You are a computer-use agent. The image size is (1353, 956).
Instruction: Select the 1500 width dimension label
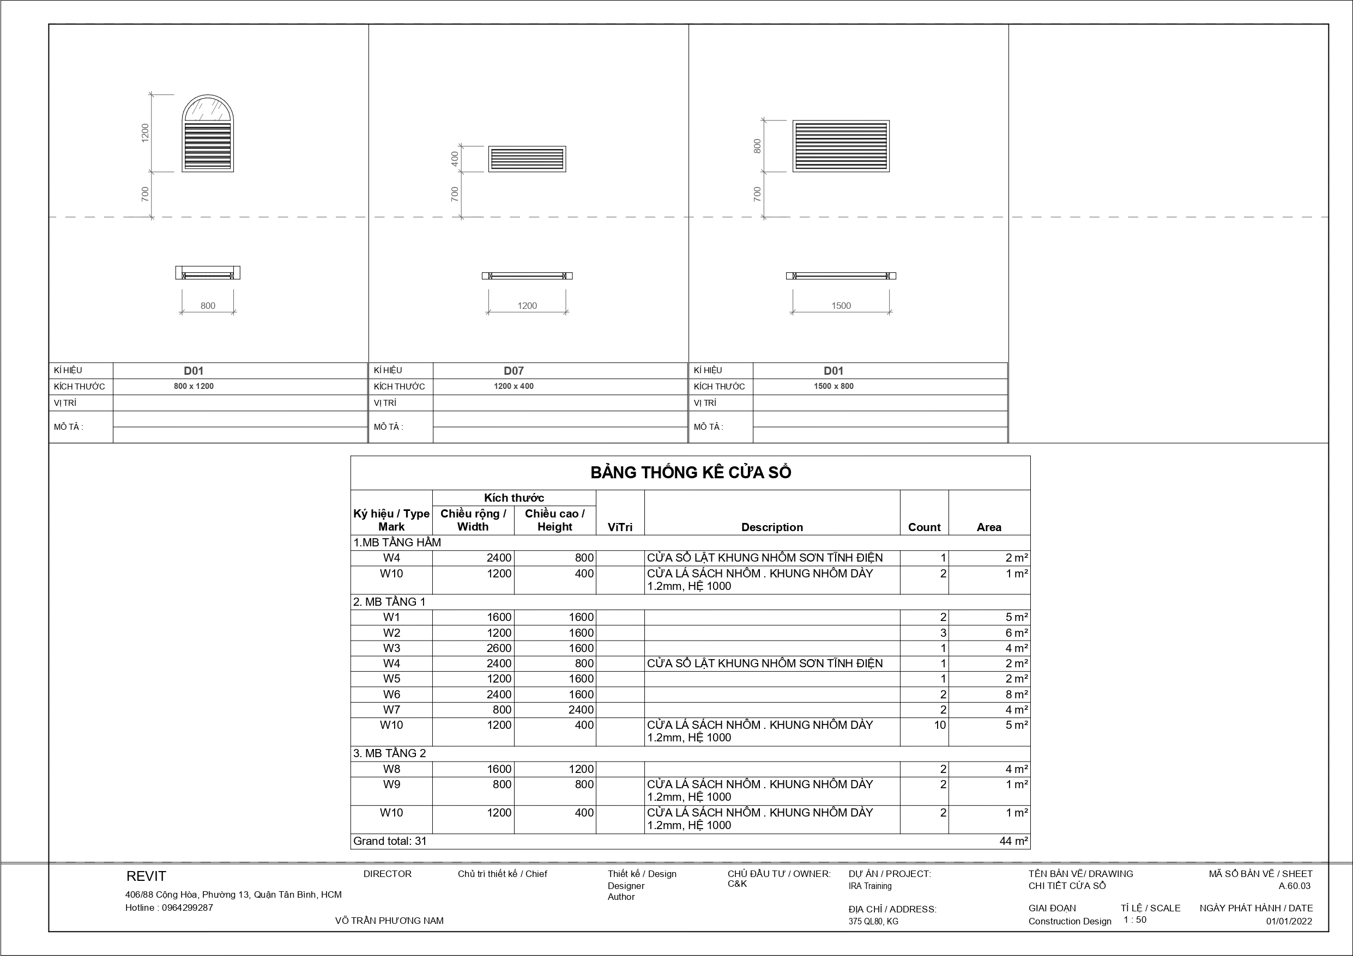[841, 306]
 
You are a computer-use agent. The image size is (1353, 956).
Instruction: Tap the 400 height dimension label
[454, 159]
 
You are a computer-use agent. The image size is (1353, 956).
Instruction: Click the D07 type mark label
[514, 370]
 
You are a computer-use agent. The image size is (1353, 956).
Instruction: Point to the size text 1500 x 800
[833, 386]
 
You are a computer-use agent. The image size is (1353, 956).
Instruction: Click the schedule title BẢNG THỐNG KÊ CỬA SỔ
[690, 472]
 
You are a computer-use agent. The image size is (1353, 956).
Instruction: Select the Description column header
[771, 527]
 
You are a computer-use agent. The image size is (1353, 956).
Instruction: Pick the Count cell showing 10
[939, 725]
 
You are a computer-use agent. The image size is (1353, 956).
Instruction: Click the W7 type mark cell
[391, 710]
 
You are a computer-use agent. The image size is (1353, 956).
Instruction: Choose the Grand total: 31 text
[390, 841]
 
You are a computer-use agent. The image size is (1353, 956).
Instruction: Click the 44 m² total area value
[1013, 841]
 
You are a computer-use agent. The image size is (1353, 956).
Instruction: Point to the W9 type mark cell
[391, 784]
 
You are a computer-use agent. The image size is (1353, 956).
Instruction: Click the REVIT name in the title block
[146, 876]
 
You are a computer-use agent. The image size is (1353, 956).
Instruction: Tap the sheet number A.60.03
[1294, 886]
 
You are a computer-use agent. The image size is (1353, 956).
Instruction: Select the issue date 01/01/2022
[1289, 921]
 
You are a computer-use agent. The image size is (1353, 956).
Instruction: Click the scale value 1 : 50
[1134, 920]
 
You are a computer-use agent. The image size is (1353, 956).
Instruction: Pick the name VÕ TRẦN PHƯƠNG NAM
[389, 921]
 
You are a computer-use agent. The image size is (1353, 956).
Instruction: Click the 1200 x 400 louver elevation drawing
[527, 159]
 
